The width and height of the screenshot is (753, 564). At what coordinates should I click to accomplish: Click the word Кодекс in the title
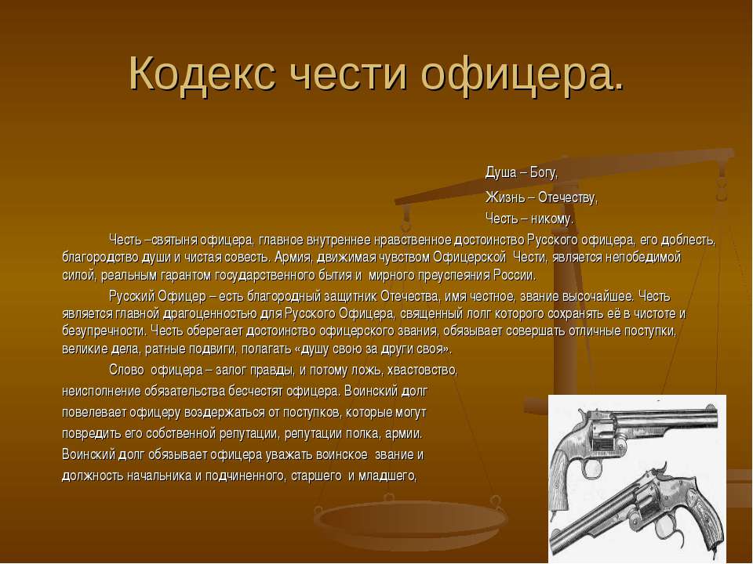click(x=202, y=74)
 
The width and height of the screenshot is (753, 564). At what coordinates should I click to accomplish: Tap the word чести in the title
click(x=350, y=75)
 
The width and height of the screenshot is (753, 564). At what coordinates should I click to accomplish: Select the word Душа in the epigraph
click(x=501, y=172)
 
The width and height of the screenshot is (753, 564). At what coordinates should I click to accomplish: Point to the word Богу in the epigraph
click(x=544, y=172)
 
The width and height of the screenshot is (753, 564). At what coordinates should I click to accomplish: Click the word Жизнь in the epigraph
click(x=505, y=197)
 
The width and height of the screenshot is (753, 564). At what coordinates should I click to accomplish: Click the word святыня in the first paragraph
click(x=173, y=240)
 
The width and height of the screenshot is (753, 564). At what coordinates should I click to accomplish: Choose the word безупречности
click(x=104, y=331)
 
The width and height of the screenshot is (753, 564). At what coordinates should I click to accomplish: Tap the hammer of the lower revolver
click(x=664, y=469)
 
